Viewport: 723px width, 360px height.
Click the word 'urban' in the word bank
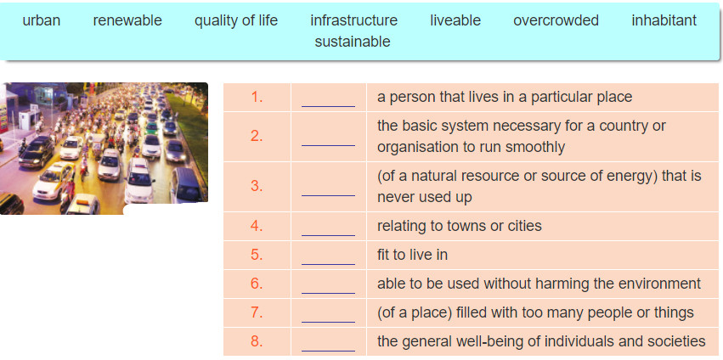click(x=41, y=20)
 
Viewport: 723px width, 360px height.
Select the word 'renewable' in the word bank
click(x=127, y=20)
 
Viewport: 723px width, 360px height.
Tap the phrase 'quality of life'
click(x=236, y=21)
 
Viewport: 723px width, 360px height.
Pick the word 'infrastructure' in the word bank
click(x=353, y=20)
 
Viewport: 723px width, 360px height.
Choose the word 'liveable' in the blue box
click(x=455, y=20)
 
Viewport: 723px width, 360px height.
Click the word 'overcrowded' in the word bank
click(x=556, y=20)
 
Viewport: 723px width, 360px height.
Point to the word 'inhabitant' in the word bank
click(x=664, y=20)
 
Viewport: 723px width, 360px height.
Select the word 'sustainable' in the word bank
click(x=353, y=42)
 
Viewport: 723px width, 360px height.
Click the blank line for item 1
click(x=328, y=106)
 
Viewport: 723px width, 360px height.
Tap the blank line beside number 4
click(x=328, y=235)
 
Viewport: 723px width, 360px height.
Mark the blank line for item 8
click(x=328, y=351)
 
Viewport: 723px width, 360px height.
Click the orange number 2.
click(x=257, y=136)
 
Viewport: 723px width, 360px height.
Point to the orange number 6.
click(x=257, y=284)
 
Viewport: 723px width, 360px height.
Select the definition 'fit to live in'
click(x=412, y=255)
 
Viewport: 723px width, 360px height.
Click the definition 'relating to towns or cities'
click(x=460, y=226)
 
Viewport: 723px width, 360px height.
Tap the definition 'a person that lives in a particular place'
click(x=505, y=98)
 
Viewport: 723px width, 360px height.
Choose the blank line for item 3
click(x=328, y=195)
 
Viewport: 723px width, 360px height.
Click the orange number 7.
click(x=257, y=312)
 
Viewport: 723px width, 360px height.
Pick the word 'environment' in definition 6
click(x=658, y=284)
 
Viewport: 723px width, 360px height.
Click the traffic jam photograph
click(x=104, y=149)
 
